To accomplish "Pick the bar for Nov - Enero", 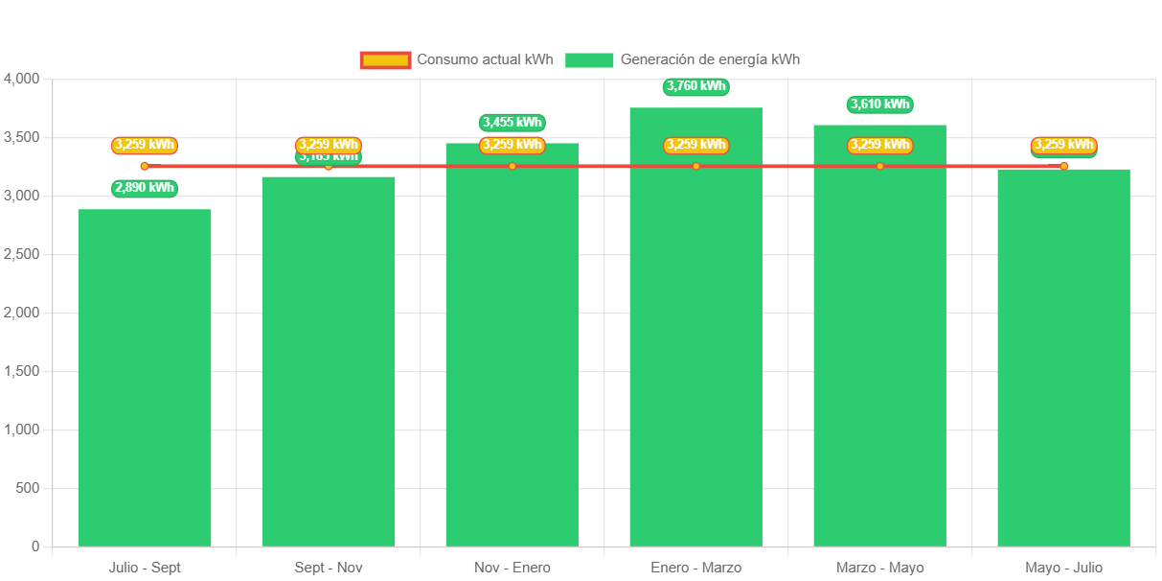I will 513,345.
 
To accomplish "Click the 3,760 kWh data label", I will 696,86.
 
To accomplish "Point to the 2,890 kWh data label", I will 145,188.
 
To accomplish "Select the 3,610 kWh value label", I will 879,104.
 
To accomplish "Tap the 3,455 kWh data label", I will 513,122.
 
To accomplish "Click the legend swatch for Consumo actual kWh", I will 385,59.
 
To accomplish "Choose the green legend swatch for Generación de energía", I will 589,59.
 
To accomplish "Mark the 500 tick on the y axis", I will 28,488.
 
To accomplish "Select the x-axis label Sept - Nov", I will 329,568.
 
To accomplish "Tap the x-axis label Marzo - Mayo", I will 879,568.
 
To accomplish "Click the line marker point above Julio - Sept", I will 145,166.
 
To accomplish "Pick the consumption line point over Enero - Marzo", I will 696,166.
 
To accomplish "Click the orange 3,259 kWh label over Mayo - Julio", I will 1063,145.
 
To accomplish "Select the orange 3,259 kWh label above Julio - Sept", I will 145,145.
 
